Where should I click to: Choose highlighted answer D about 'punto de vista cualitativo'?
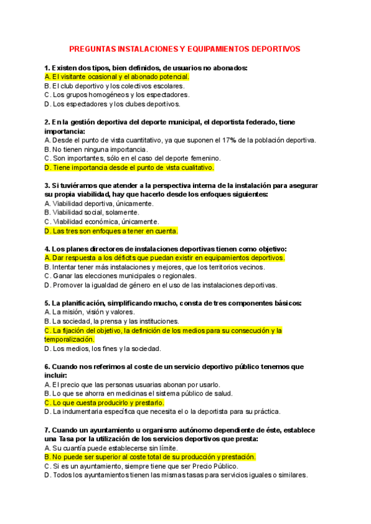(129, 167)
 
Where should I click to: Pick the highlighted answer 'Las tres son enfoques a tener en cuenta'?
(111, 230)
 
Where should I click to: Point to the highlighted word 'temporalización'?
(70, 339)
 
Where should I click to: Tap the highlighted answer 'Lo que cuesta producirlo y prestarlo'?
(104, 402)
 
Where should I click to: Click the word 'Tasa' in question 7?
(67, 439)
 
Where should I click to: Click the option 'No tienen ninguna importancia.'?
(96, 150)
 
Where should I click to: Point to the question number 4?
(47, 249)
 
